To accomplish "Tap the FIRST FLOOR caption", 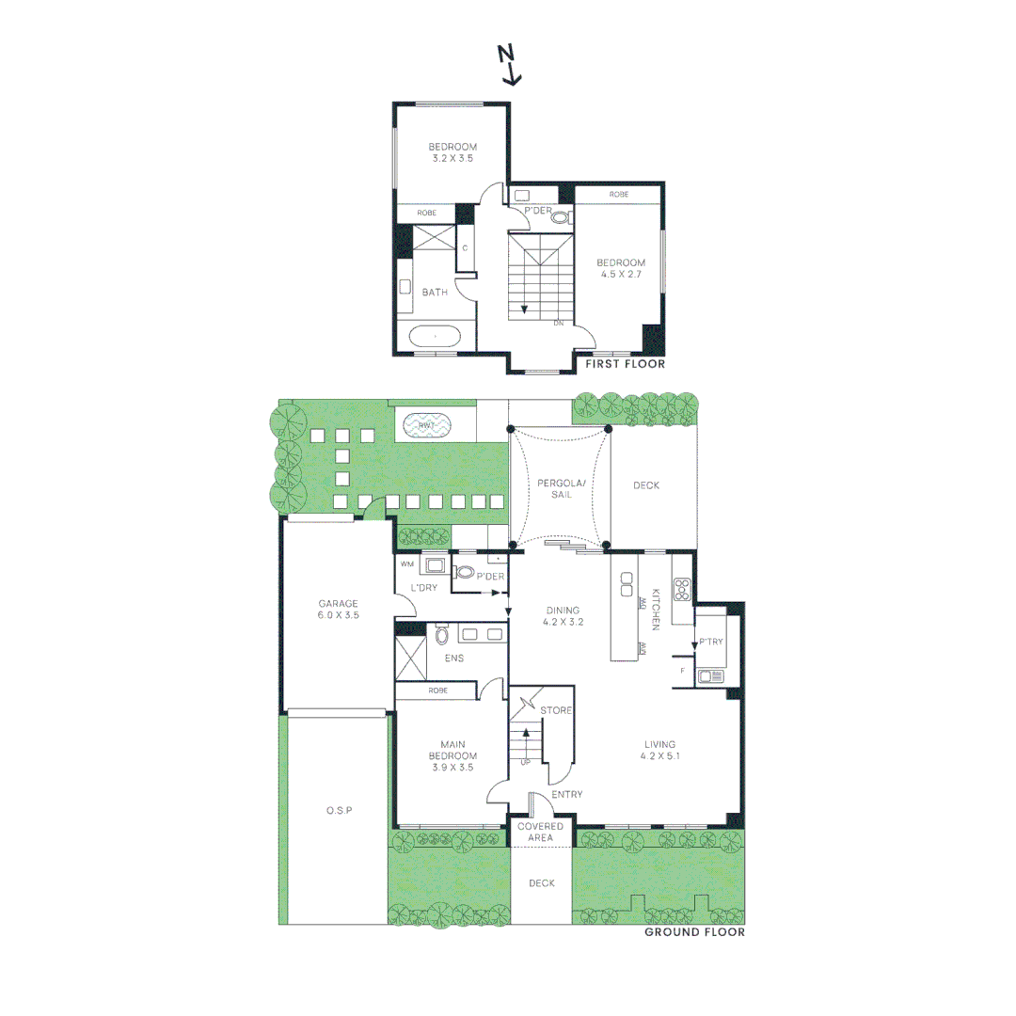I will [625, 364].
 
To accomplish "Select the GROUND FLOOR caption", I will [694, 932].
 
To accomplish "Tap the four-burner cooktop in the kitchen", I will [683, 590].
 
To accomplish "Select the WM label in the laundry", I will [407, 564].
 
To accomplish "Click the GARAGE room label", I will [338, 604].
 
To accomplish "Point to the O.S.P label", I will [339, 810].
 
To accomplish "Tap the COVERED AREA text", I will [540, 832].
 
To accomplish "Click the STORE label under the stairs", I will [557, 710].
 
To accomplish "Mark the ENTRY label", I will [566, 794].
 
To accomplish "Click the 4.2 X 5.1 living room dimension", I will [659, 755].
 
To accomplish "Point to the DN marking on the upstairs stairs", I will [558, 324].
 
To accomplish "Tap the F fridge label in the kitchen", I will [682, 670].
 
